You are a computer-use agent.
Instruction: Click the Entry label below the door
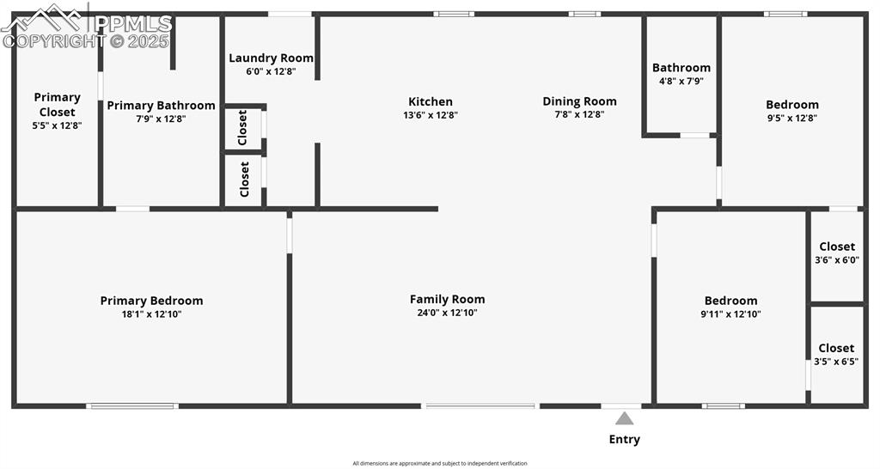[x=624, y=439]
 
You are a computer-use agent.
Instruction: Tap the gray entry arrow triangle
[x=624, y=418]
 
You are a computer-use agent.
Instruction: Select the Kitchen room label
[x=430, y=101]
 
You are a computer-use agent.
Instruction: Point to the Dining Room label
[x=579, y=101]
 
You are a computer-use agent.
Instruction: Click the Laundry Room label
[x=271, y=58]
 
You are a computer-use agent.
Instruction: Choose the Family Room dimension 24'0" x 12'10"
[x=447, y=313]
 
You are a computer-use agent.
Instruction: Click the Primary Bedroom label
[x=151, y=301]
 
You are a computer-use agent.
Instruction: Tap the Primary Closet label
[x=57, y=104]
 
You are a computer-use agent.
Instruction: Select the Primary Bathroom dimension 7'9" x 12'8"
[x=160, y=119]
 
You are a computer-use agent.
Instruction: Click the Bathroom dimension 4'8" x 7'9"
[x=681, y=81]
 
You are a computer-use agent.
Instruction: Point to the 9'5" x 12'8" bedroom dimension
[x=791, y=119]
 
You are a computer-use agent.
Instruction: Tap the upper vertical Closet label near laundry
[x=242, y=127]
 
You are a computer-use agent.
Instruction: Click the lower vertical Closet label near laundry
[x=244, y=180]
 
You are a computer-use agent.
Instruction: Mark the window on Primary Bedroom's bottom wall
[x=132, y=405]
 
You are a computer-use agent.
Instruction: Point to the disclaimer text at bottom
[x=439, y=463]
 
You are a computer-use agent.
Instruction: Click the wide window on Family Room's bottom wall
[x=480, y=405]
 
